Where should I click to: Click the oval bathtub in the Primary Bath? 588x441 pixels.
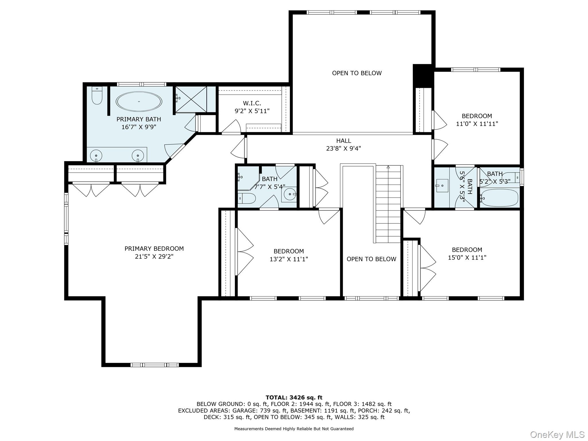(139, 101)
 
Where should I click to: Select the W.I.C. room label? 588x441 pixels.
(252, 103)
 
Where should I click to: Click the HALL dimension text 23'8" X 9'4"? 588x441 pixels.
(343, 148)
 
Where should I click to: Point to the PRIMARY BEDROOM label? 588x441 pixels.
(154, 249)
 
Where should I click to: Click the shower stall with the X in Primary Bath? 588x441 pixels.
(191, 99)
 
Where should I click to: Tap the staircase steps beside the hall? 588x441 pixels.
(388, 204)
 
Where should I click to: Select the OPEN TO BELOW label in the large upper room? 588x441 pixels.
(357, 73)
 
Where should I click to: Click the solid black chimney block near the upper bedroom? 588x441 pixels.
(422, 76)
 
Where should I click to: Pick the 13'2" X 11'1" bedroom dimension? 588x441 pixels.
(289, 259)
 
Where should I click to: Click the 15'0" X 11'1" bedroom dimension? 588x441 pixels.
(467, 258)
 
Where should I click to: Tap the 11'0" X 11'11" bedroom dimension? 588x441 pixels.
(477, 124)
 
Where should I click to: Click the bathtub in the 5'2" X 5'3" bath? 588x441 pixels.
(499, 198)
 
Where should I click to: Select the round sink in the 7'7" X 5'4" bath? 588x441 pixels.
(289, 194)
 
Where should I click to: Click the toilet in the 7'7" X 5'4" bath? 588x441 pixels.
(247, 198)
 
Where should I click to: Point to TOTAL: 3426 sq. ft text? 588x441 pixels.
(294, 398)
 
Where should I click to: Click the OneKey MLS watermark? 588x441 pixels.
(557, 434)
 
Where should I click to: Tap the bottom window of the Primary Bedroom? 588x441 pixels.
(154, 365)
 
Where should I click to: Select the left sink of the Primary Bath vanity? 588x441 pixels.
(96, 156)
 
